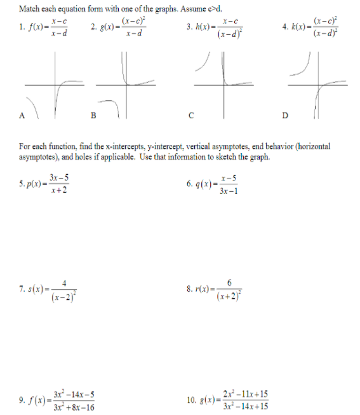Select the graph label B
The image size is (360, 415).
coord(94,116)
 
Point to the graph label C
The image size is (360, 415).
coord(190,116)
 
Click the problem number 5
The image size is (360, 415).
coord(21,185)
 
